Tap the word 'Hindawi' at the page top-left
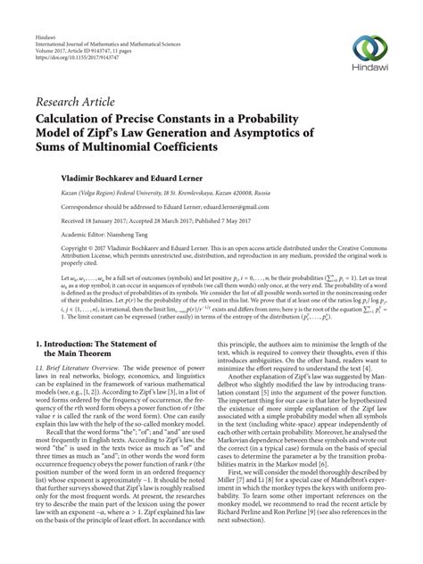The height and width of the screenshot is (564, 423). [46, 10]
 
